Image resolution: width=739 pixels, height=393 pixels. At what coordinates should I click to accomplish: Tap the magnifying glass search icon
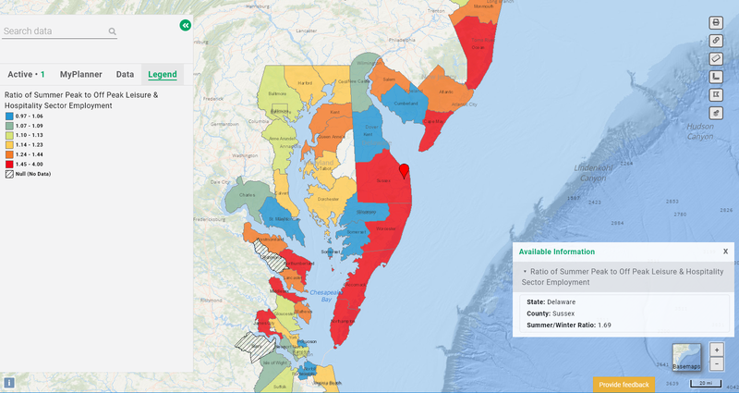pyautogui.click(x=113, y=31)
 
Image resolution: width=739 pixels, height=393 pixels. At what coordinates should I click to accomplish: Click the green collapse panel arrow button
pyautogui.click(x=186, y=26)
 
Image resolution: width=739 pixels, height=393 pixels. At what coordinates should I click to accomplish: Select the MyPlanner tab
pyautogui.click(x=82, y=73)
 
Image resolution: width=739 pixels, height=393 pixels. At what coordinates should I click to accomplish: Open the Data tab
pyautogui.click(x=125, y=73)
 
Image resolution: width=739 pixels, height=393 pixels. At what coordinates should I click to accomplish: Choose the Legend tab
pyautogui.click(x=163, y=73)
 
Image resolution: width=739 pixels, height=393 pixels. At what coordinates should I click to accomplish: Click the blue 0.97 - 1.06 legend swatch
pyautogui.click(x=9, y=117)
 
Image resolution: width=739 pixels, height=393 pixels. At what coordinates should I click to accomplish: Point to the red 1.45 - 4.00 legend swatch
pyautogui.click(x=9, y=163)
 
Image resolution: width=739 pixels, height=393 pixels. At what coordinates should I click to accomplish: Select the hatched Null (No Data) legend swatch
pyautogui.click(x=9, y=173)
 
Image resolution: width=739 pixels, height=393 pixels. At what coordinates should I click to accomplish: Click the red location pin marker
pyautogui.click(x=404, y=170)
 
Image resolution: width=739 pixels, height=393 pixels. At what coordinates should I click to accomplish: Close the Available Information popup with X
pyautogui.click(x=725, y=251)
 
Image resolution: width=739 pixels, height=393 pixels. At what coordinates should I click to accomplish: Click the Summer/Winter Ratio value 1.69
pyautogui.click(x=605, y=325)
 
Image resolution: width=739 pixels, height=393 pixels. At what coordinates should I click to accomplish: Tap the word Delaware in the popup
pyautogui.click(x=561, y=301)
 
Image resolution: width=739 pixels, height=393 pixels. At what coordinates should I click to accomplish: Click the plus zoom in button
pyautogui.click(x=717, y=350)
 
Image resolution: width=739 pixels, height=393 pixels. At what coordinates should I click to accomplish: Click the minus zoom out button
pyautogui.click(x=717, y=363)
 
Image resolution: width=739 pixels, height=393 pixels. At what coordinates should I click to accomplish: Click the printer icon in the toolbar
pyautogui.click(x=716, y=22)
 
